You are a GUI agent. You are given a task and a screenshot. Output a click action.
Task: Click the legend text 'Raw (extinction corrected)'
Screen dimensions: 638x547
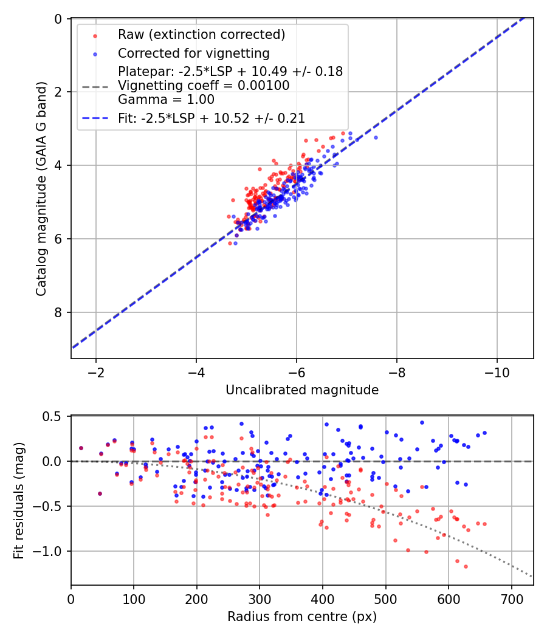point(202,35)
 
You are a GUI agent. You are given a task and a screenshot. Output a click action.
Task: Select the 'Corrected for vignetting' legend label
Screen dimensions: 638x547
point(194,53)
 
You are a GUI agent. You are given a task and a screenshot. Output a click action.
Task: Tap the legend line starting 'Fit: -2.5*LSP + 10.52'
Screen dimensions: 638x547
point(212,118)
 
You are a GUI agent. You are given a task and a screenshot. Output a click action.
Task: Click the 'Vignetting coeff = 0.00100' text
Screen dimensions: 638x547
point(204,85)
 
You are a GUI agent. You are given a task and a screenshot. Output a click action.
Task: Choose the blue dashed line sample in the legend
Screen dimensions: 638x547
point(95,118)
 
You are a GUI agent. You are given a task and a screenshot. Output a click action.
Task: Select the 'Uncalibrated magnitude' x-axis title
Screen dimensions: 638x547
point(302,390)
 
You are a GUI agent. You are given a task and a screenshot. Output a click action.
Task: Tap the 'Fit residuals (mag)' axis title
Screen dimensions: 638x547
point(19,500)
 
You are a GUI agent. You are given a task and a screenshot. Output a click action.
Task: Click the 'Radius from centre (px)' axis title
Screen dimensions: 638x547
point(302,617)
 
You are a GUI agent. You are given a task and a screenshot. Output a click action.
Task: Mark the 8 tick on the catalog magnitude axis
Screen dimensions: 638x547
point(59,312)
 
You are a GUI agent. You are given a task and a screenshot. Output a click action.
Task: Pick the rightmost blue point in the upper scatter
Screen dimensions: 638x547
point(376,137)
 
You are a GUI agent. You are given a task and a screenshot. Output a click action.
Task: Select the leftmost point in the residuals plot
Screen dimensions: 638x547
point(81,448)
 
